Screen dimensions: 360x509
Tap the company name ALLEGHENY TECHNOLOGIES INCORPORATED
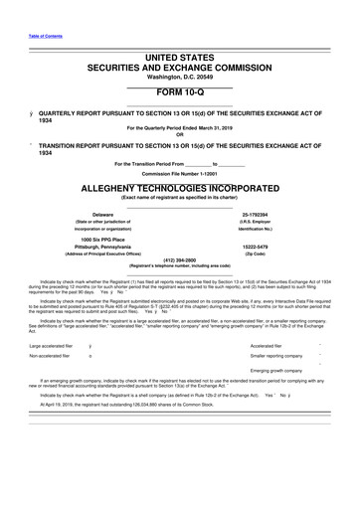pos(179,186)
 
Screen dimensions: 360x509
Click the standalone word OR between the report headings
pos(179,135)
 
